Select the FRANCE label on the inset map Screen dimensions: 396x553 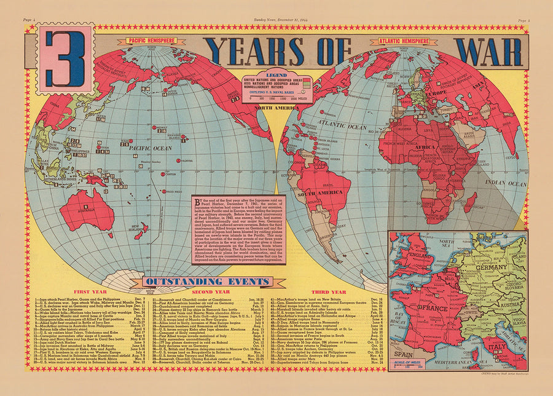tap(434, 306)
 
